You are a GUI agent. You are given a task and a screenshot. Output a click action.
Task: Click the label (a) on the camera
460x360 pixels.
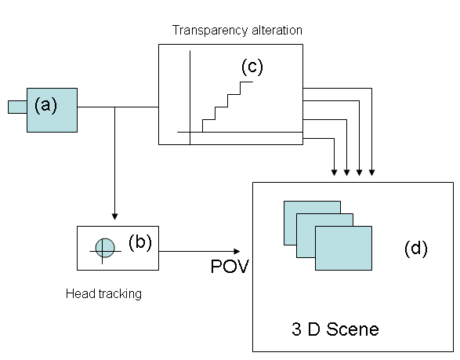click(x=45, y=105)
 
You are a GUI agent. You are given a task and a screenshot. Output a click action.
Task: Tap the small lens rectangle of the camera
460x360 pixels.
click(x=17, y=107)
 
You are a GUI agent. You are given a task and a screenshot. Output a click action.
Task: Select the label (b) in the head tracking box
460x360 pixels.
click(x=140, y=242)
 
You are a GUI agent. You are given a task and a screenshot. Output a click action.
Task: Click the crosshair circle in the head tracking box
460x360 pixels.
click(x=105, y=248)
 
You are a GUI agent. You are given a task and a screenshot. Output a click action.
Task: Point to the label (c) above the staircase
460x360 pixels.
click(x=252, y=67)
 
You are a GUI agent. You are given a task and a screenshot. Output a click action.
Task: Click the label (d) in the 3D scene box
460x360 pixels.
click(x=416, y=249)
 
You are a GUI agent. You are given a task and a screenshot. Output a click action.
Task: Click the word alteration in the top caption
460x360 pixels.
click(x=277, y=31)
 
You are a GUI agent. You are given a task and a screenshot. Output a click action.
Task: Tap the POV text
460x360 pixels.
click(x=230, y=267)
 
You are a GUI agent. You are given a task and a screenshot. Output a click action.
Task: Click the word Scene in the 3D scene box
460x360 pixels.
click(x=353, y=329)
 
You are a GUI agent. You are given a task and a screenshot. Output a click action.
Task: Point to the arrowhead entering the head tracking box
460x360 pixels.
click(x=114, y=216)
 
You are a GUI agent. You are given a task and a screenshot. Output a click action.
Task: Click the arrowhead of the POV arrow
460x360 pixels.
click(x=237, y=251)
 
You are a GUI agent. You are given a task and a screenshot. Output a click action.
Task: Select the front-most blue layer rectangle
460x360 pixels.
click(x=343, y=248)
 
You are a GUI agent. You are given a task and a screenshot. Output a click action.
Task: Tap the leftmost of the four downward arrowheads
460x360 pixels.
click(x=334, y=173)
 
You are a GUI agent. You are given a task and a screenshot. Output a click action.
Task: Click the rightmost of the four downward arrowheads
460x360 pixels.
click(x=371, y=173)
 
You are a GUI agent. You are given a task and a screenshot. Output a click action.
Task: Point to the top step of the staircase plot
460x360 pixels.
click(x=246, y=82)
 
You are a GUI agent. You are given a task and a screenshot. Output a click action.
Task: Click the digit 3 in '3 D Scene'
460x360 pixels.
click(x=296, y=329)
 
